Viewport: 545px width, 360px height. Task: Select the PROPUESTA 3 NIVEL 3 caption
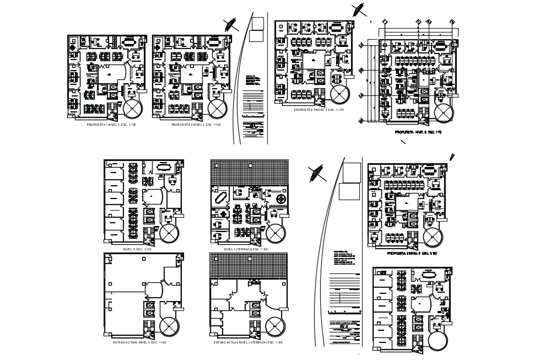pyautogui.click(x=312, y=110)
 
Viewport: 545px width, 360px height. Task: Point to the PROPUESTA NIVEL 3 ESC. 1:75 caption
pyautogui.click(x=418, y=133)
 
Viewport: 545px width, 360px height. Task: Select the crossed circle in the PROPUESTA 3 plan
pyautogui.click(x=339, y=94)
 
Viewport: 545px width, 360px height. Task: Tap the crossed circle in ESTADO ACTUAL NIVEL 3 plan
pyautogui.click(x=169, y=325)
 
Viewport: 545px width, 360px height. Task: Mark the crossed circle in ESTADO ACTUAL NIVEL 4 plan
pyautogui.click(x=274, y=325)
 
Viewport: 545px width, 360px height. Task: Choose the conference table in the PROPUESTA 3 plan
pyautogui.click(x=335, y=26)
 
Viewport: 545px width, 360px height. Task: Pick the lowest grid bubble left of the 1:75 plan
pyautogui.click(x=361, y=95)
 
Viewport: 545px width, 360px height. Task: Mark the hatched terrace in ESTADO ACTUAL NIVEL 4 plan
pyautogui.click(x=249, y=265)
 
